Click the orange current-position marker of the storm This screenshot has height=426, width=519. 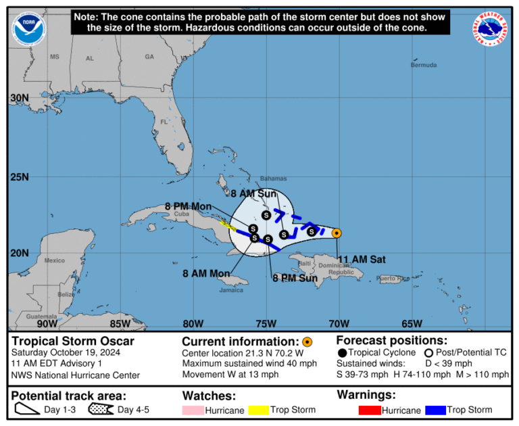click(337, 233)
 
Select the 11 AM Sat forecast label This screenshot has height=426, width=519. click(362, 259)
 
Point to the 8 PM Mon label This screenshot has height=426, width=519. click(189, 206)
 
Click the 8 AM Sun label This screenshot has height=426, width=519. click(255, 193)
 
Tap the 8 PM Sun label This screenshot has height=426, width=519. click(295, 277)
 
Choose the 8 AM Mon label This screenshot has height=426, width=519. click(205, 273)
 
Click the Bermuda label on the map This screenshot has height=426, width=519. click(424, 65)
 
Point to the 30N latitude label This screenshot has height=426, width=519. click(20, 98)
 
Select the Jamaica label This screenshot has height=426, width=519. click(230, 290)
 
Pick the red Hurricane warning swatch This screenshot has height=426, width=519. click(370, 410)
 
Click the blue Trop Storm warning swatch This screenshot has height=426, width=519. click(435, 410)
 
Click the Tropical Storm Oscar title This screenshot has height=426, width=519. click(73, 341)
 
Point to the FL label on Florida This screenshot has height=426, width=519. click(164, 122)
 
